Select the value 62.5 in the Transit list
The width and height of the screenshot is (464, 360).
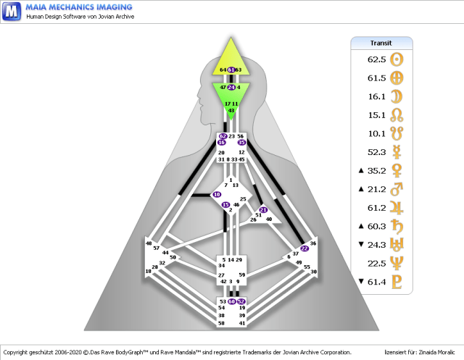click(376, 59)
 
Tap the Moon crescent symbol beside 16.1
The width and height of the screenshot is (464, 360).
click(397, 96)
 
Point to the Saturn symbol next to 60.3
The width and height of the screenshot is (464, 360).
click(397, 226)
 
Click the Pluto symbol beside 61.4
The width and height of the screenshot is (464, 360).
click(397, 282)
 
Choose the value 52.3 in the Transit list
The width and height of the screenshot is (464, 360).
click(376, 152)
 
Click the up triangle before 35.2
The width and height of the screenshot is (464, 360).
click(360, 171)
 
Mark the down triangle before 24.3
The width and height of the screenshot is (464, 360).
click(360, 245)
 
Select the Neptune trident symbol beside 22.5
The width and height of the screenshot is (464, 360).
click(397, 263)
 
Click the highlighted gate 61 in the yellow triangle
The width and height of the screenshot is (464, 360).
click(231, 70)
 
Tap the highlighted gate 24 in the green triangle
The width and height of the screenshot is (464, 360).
click(231, 87)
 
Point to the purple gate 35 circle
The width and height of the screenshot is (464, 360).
click(242, 143)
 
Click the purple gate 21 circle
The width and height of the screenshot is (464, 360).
click(263, 210)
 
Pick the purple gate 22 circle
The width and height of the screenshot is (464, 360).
click(304, 248)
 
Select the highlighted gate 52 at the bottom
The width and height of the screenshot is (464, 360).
click(241, 301)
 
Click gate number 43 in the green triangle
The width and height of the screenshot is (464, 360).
click(231, 110)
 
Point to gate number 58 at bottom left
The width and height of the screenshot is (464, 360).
click(222, 323)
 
